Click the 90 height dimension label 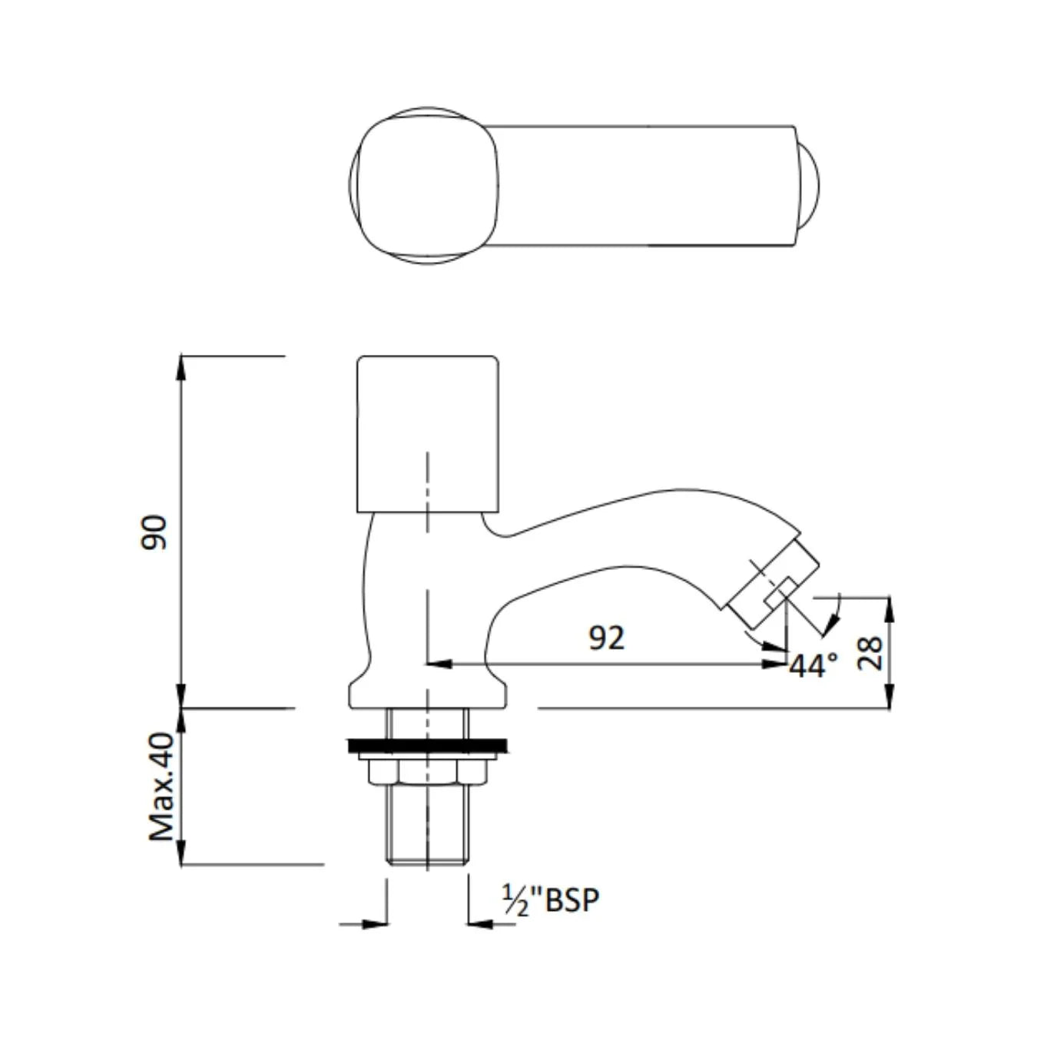[154, 532]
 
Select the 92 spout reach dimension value [606, 638]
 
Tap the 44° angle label [813, 665]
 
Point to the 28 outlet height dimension [870, 652]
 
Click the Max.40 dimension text [162, 787]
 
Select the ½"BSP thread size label [550, 900]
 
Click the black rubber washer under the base [427, 744]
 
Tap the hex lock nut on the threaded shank [427, 771]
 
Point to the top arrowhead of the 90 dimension [181, 366]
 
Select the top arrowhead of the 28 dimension [890, 607]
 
